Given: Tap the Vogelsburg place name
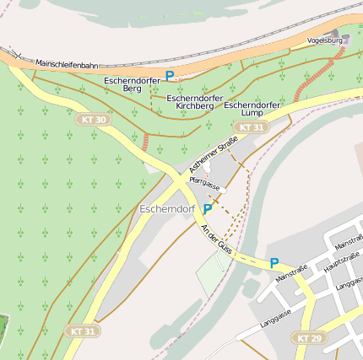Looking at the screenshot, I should pyautogui.click(x=324, y=40).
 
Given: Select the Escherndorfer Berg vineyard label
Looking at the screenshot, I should pyautogui.click(x=132, y=83).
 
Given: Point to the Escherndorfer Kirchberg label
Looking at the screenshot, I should pyautogui.click(x=195, y=102).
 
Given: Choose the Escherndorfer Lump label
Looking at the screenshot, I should pyautogui.click(x=252, y=108).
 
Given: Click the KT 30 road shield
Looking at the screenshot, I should pyautogui.click(x=94, y=120).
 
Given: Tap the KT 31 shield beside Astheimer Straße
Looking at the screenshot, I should pyautogui.click(x=250, y=127).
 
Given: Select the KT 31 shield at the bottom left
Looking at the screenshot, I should pyautogui.click(x=83, y=330).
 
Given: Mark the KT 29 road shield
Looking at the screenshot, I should pyautogui.click(x=309, y=337).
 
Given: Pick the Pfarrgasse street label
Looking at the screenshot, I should pyautogui.click(x=205, y=184).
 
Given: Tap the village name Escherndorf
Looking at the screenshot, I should pyautogui.click(x=168, y=208).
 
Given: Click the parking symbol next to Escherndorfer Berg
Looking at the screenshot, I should pyautogui.click(x=170, y=76).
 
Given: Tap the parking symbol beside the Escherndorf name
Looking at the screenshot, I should pyautogui.click(x=208, y=208).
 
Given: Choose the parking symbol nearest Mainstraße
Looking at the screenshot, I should pyautogui.click(x=274, y=263).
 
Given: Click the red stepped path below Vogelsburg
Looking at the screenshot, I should pyautogui.click(x=319, y=72).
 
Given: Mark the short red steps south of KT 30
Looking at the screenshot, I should pyautogui.click(x=146, y=142).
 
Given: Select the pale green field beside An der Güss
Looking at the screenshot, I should pyautogui.click(x=211, y=271).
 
